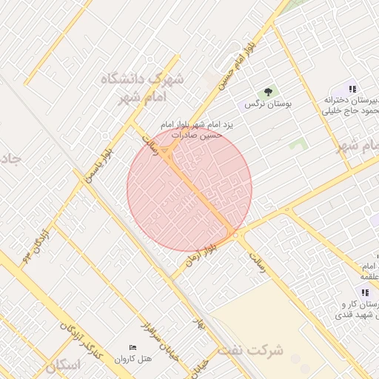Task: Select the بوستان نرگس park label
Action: [272, 104]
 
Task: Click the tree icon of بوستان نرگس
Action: [268, 93]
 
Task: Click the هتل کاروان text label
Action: [133, 359]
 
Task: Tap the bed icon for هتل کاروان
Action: [133, 347]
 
